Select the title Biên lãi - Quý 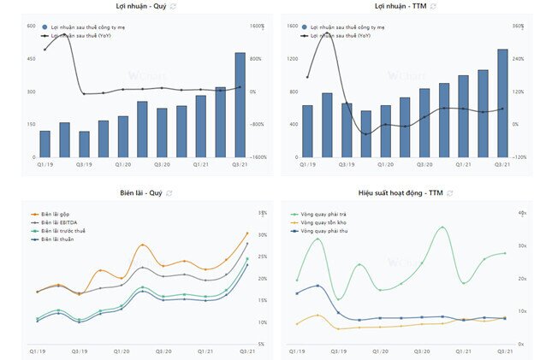tap(140, 193)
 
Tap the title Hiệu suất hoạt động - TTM tap(400, 193)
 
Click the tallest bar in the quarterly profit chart tap(240, 105)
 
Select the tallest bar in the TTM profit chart tap(502, 103)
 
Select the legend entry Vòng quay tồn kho tap(322, 223)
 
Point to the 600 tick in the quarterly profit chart tap(31, 26)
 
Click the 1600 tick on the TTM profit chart tap(292, 26)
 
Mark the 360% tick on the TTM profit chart tap(517, 26)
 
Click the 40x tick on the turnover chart tap(521, 212)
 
